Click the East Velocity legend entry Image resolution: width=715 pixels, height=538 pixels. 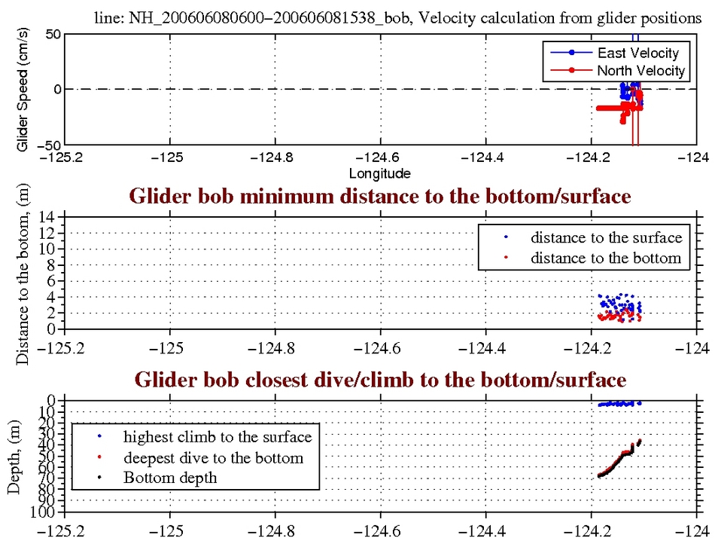[x=637, y=53]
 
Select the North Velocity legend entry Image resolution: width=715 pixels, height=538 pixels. [x=640, y=71]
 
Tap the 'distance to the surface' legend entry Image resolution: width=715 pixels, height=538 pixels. [x=606, y=237]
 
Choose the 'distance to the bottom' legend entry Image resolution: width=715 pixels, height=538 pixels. [x=606, y=258]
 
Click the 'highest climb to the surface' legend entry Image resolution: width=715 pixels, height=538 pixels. [x=218, y=436]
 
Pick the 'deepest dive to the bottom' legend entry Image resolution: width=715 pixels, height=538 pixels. [x=214, y=457]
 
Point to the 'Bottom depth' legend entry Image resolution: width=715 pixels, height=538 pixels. [x=170, y=478]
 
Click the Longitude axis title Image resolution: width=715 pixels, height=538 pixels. [x=380, y=173]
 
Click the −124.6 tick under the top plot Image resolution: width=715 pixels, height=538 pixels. [x=379, y=159]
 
